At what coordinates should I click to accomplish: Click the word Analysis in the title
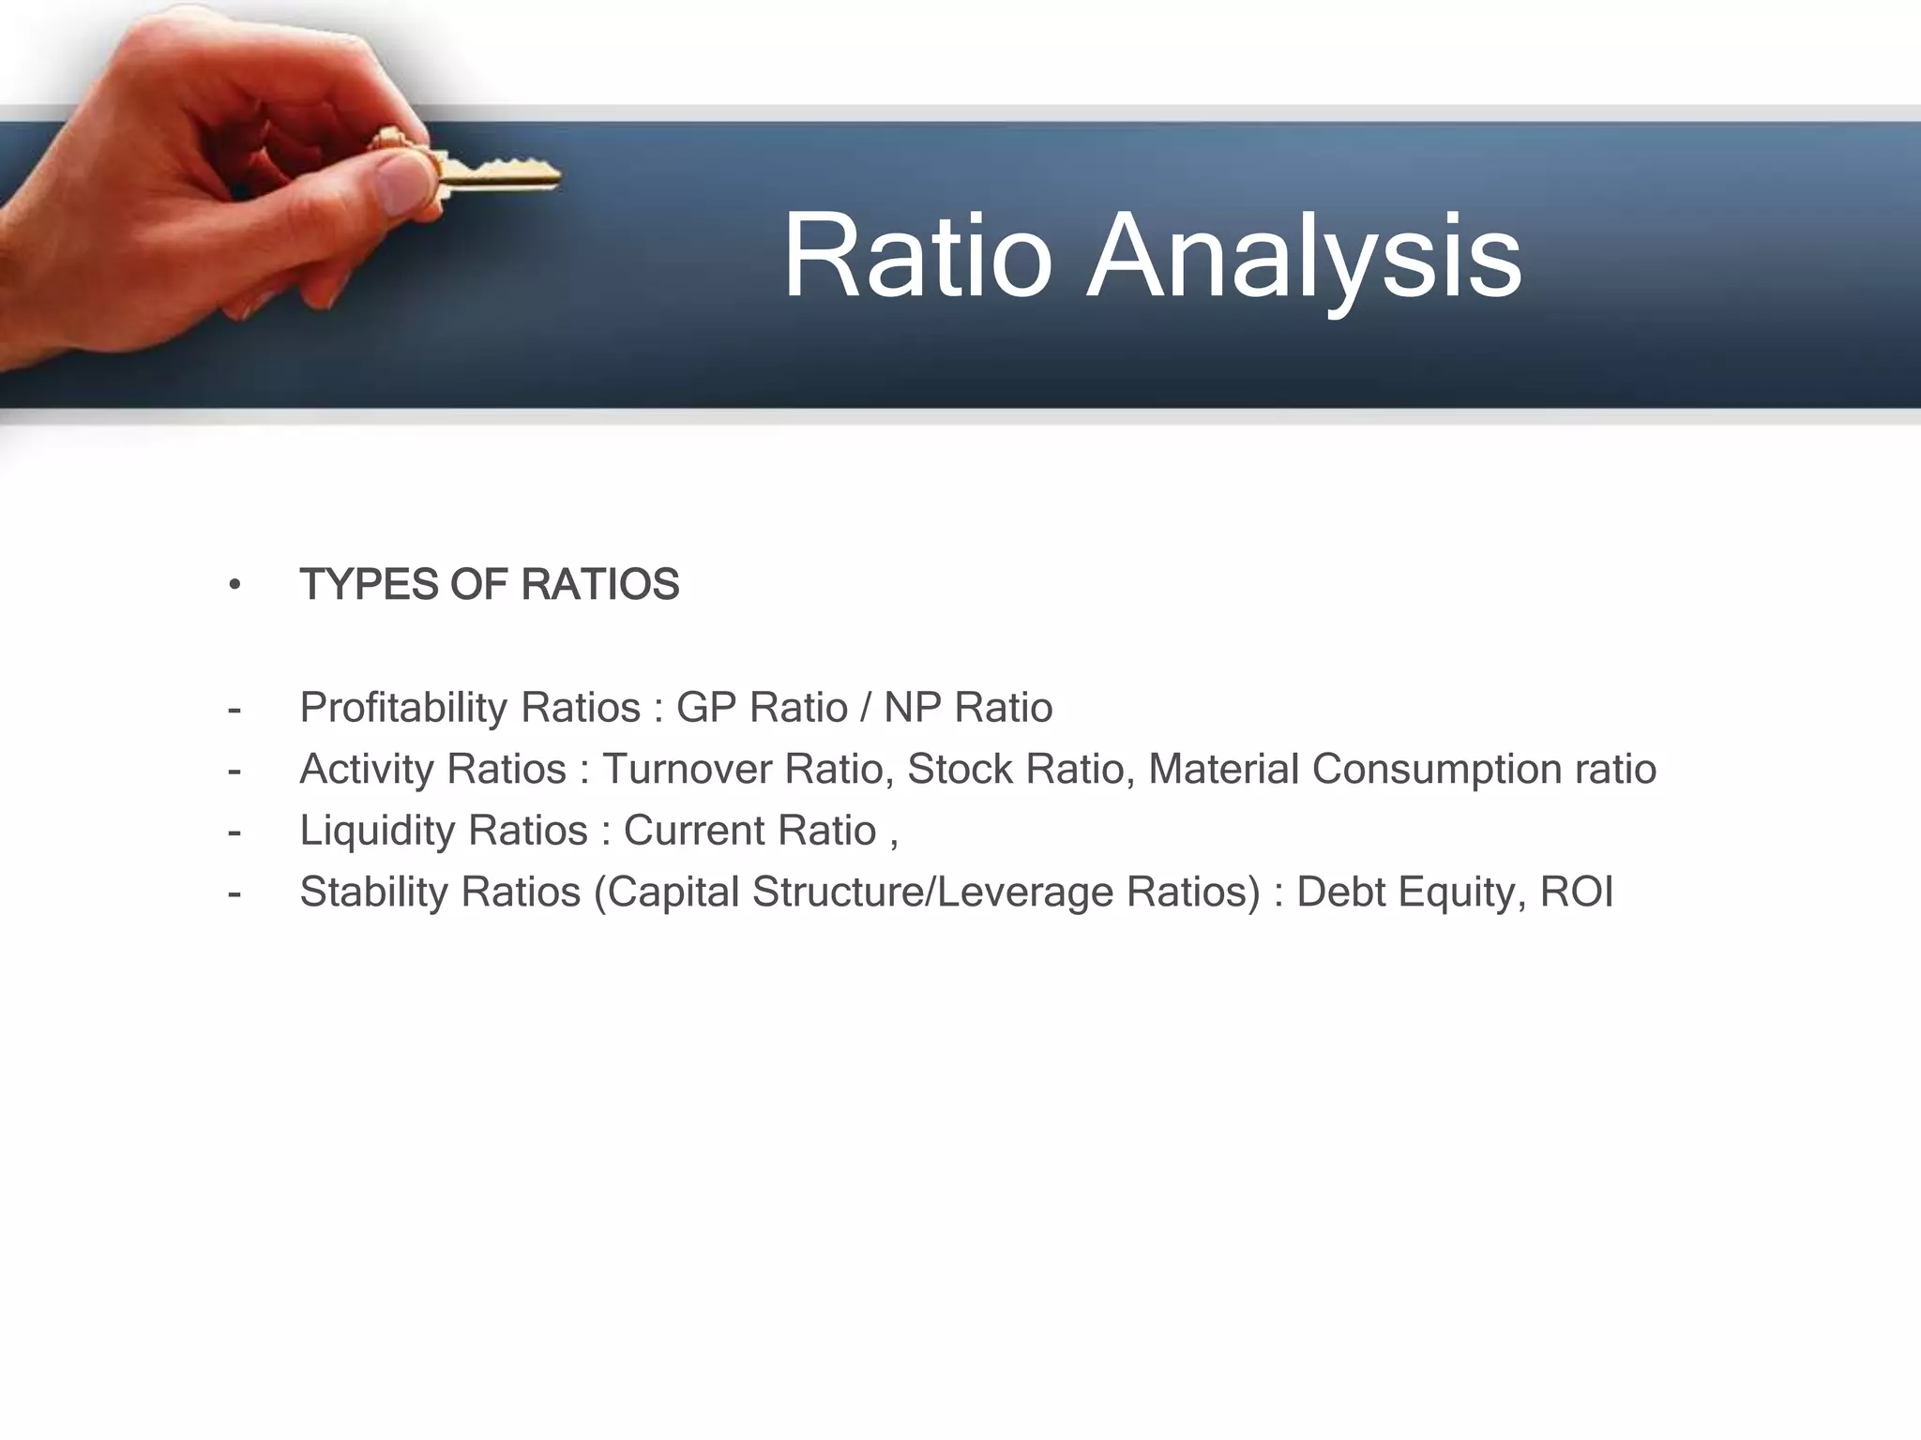[x=1304, y=256]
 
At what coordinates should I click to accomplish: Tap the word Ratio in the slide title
[x=916, y=256]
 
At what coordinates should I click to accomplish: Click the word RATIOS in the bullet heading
[x=600, y=585]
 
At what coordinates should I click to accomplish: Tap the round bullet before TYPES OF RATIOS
[x=234, y=586]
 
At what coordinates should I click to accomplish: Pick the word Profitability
[x=404, y=708]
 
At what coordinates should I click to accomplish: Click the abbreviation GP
[x=705, y=708]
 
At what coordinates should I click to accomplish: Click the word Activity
[x=367, y=770]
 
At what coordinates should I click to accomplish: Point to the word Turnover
[x=687, y=770]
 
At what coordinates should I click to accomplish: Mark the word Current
[x=684, y=832]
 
